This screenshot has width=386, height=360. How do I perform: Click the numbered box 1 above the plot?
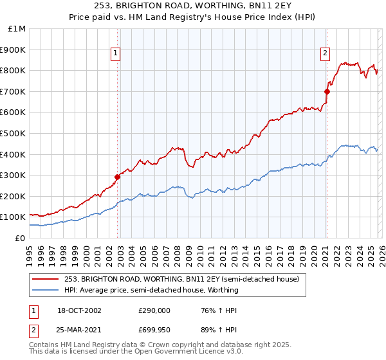tap(115, 54)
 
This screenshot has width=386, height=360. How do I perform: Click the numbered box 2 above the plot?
tap(326, 54)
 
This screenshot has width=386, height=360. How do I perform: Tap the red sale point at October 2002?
tap(118, 177)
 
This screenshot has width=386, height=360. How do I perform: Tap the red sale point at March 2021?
tap(327, 91)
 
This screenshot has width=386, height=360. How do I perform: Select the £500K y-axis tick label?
tap(13, 134)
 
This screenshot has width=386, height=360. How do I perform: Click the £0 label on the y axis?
tap(20, 238)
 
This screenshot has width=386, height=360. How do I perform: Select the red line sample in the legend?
tap(46, 280)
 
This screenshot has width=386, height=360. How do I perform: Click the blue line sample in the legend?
tap(46, 290)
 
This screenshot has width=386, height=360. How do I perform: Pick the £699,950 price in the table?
tap(154, 330)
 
